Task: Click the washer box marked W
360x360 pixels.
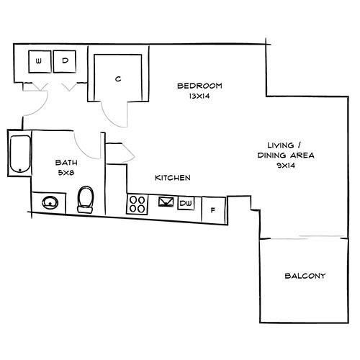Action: tap(38, 62)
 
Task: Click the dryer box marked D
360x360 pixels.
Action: tap(64, 62)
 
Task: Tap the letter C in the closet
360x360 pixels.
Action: tap(117, 79)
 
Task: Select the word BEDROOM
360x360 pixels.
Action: tap(199, 86)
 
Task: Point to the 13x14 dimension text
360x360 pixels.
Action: tap(199, 95)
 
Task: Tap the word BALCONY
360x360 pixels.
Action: tap(305, 276)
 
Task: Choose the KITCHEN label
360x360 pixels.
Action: tap(172, 177)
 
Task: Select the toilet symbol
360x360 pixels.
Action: tap(85, 199)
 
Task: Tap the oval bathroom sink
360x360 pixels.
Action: tap(50, 202)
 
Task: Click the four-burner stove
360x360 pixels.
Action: tap(137, 204)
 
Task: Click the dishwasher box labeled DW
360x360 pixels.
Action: tap(186, 204)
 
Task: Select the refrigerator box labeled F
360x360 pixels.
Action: tap(213, 210)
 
